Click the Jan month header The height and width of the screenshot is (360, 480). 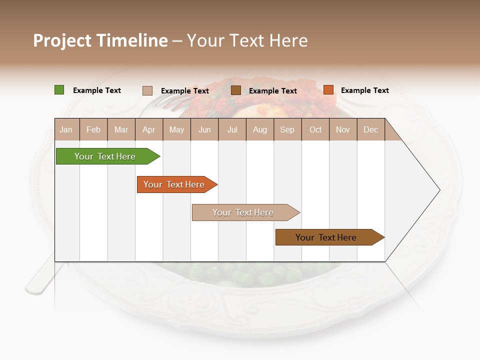point(66,129)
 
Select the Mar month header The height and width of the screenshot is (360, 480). point(121,129)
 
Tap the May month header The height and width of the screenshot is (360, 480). point(176,129)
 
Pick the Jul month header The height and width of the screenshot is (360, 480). point(232,129)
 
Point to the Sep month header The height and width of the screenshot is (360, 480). point(287,129)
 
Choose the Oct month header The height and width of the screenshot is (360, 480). point(315,129)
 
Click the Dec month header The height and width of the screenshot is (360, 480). point(370,129)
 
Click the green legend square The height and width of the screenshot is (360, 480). point(59,90)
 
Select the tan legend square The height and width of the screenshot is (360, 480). point(147,90)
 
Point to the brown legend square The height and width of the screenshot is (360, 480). point(236,90)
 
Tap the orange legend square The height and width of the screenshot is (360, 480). point(328,90)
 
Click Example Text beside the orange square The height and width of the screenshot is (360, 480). point(364,90)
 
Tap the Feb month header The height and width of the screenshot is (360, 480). point(93,129)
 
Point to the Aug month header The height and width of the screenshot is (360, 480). point(259,129)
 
